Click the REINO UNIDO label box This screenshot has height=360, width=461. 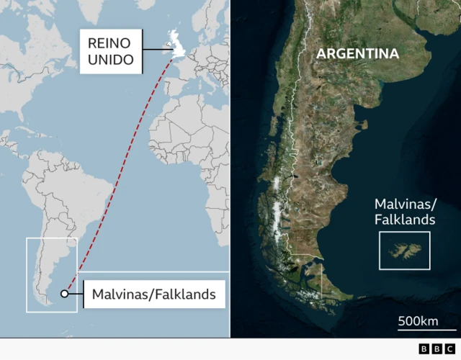[x=110, y=50]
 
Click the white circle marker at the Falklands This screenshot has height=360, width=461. [x=65, y=293]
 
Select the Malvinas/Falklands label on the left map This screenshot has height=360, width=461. [x=153, y=294]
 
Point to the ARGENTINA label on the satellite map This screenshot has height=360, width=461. [x=358, y=54]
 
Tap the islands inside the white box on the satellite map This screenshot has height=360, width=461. [x=404, y=251]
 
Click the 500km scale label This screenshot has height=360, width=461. [x=419, y=320]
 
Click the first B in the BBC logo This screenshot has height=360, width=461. [x=424, y=348]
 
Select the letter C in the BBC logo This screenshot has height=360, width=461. [x=449, y=348]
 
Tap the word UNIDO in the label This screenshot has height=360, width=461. [x=110, y=59]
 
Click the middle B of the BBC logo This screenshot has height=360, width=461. [x=437, y=348]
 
